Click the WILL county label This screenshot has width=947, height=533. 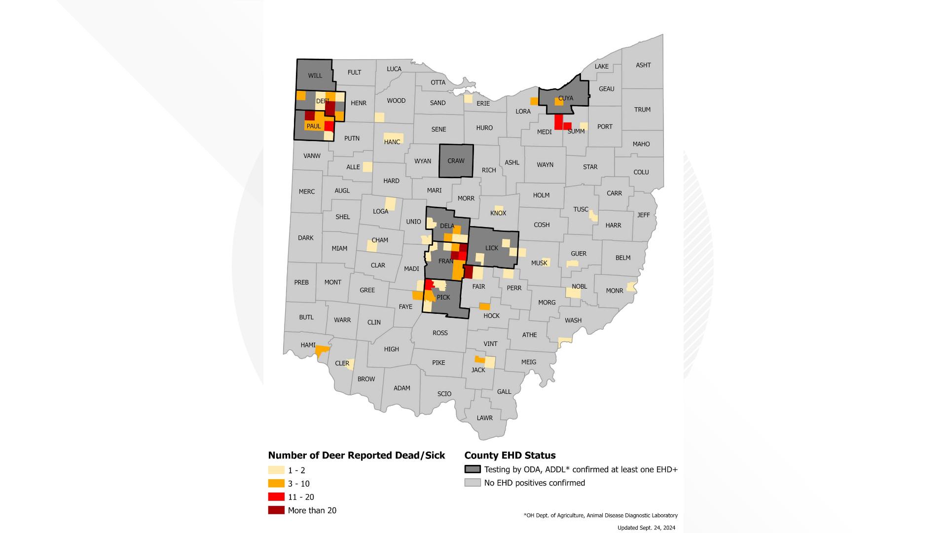point(315,76)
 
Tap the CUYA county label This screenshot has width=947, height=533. point(566,98)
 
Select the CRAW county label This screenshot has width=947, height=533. point(456,161)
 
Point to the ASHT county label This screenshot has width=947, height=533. point(643,65)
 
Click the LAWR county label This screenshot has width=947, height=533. point(484,418)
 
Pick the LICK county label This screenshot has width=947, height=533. point(491,248)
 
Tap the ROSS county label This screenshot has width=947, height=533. point(440,333)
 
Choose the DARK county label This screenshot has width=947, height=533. point(305,238)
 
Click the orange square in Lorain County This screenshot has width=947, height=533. point(534,101)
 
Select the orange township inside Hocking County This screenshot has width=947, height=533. point(485,306)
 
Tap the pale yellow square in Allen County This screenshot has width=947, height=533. point(367,167)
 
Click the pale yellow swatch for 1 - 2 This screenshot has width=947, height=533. point(276,470)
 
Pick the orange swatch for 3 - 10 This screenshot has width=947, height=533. point(276,484)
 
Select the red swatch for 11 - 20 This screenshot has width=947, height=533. point(276,497)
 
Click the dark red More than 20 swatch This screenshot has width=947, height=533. point(276,510)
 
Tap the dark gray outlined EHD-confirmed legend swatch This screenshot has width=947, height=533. point(473,469)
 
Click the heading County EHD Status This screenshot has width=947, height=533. point(510,456)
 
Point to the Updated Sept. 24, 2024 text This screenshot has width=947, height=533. point(646,528)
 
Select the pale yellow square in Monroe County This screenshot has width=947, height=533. point(630,287)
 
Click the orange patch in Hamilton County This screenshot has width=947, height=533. point(322,350)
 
